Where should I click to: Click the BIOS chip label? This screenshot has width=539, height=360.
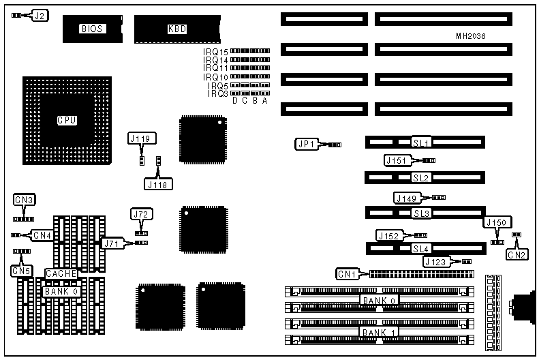coord(91,29)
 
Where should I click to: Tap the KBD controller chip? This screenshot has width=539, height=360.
coord(177,29)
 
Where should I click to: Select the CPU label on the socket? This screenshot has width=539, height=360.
coord(66,120)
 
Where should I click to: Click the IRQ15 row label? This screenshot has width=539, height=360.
coord(215,52)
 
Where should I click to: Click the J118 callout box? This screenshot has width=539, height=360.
coord(159,183)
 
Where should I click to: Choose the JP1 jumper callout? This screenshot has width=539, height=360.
coord(305,144)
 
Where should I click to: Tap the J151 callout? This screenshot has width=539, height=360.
coord(397,160)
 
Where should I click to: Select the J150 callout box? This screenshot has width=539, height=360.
coord(496,223)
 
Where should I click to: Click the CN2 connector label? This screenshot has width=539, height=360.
coord(517,255)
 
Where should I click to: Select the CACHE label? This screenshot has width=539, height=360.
coord(61,273)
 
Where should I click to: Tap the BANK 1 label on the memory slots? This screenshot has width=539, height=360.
coord(379,332)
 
